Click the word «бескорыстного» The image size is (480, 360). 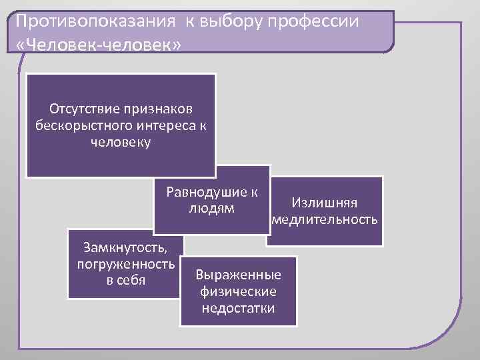click(77, 125)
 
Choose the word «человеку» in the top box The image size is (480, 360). click(121, 142)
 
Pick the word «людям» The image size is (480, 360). click(211, 209)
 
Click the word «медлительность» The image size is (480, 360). click(325, 220)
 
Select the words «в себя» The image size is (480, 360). click(126, 279)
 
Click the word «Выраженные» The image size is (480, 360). click(238, 275)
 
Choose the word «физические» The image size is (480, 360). click(238, 292)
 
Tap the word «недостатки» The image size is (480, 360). click(238, 308)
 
